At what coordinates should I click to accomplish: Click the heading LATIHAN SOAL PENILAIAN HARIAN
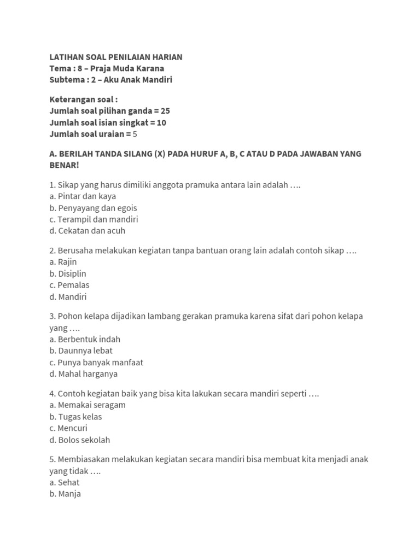point(116,57)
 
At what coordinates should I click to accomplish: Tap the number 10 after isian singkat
point(161,122)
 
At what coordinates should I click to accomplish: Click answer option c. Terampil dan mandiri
point(94,219)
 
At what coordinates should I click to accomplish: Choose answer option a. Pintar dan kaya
point(83,196)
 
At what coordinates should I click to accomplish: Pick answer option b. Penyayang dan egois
point(93,208)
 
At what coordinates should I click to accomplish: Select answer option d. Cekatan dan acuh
point(87,231)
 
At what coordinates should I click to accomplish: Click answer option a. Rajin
point(63,262)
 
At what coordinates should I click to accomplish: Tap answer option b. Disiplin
point(68,273)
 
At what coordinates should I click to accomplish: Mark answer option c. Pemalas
point(69,285)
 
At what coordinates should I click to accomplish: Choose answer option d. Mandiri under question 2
point(68,297)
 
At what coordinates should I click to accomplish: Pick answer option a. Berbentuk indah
point(85,339)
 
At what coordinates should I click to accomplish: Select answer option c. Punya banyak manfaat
point(96,362)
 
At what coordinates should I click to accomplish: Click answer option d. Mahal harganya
point(83,374)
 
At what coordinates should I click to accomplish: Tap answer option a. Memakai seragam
point(87,405)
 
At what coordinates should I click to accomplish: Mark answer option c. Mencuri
point(68,428)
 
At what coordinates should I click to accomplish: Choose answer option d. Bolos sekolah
point(80,440)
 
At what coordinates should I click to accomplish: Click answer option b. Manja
point(65,494)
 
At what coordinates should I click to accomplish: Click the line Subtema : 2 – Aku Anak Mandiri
point(111,80)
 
